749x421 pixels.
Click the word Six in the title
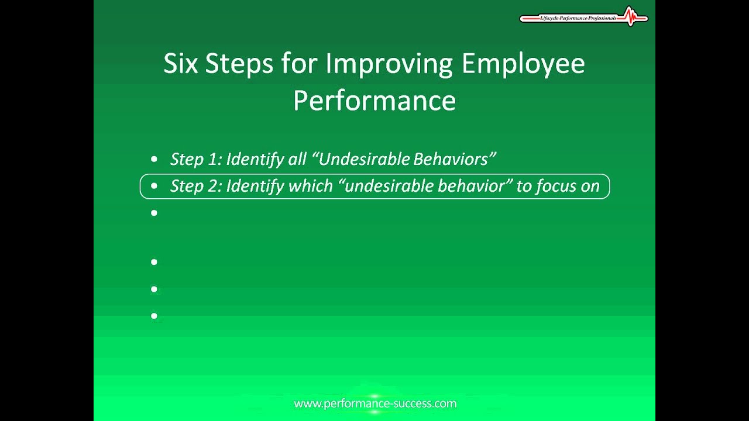[180, 64]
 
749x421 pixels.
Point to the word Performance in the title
[374, 101]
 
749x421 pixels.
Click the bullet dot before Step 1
[154, 159]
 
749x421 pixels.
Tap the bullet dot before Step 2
[154, 187]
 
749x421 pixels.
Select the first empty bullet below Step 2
[154, 213]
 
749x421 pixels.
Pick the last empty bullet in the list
[154, 316]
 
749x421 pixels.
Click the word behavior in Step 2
[471, 187]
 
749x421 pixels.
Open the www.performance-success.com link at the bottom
[375, 403]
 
